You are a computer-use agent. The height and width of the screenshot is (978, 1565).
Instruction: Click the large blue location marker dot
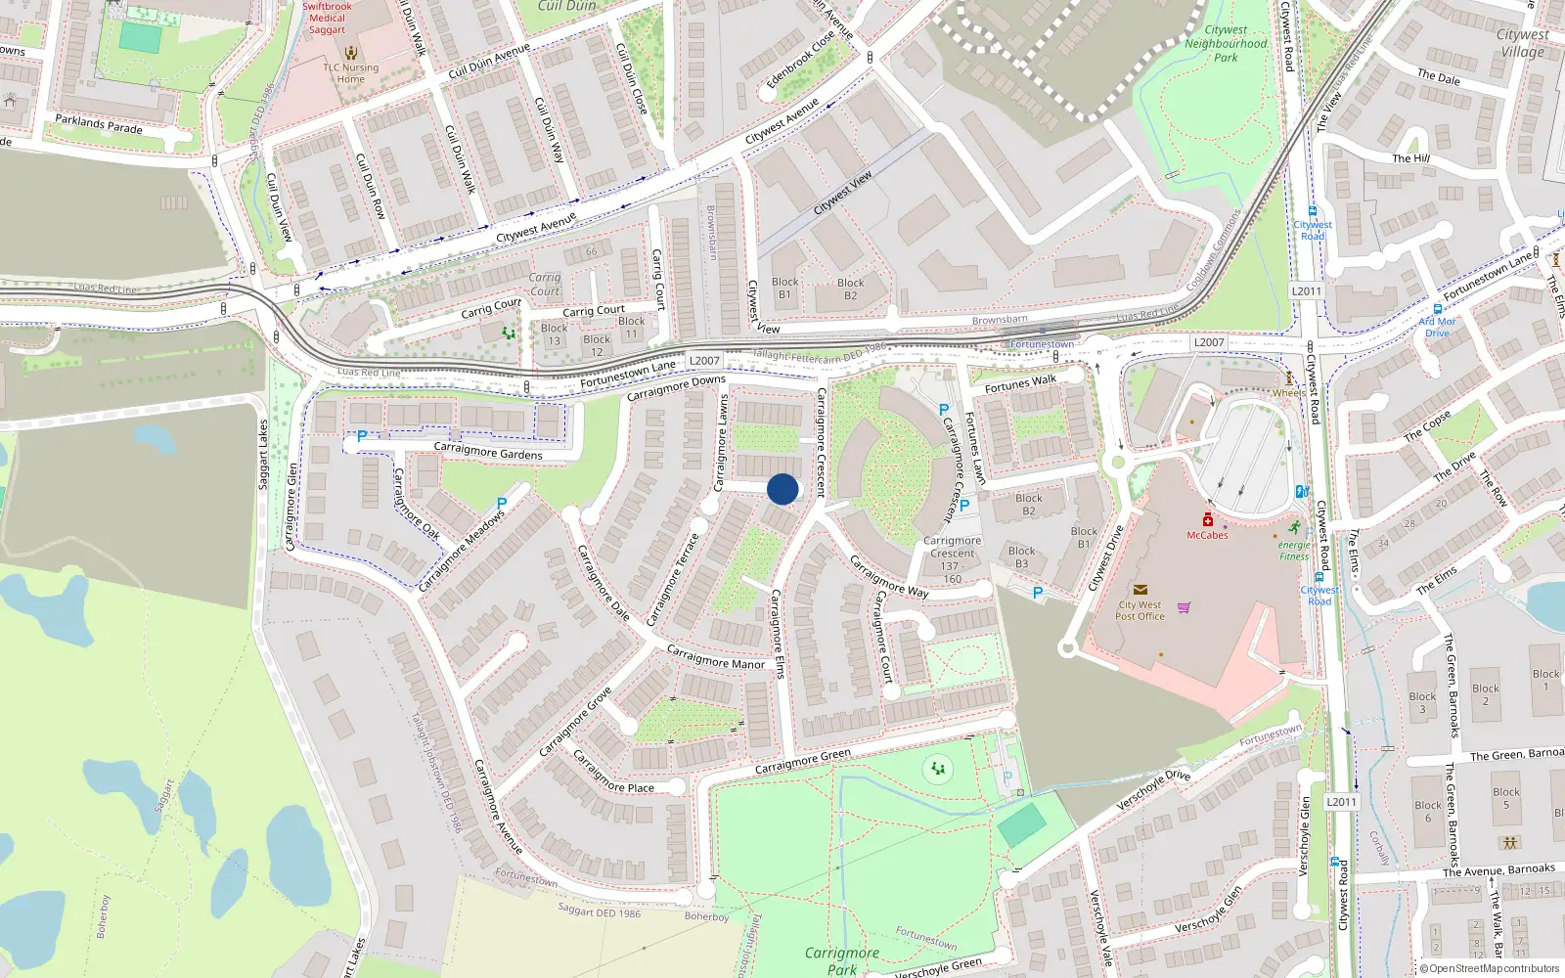(782, 489)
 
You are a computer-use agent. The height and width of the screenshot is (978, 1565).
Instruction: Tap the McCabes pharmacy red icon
(1208, 520)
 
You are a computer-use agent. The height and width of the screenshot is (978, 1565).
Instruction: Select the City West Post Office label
(1140, 610)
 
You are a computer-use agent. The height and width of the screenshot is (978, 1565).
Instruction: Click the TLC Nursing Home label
(351, 73)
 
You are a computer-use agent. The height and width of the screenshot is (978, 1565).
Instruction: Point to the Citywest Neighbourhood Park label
(1226, 44)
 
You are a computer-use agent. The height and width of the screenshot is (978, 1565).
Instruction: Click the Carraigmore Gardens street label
(487, 452)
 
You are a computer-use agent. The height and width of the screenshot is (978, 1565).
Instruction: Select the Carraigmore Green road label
(802, 761)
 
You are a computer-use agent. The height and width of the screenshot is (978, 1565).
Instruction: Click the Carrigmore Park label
(841, 960)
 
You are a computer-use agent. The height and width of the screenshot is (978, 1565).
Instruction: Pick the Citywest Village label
(1522, 43)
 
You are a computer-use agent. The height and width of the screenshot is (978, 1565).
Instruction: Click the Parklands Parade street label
(99, 124)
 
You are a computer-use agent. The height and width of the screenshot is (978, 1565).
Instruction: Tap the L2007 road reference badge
(703, 361)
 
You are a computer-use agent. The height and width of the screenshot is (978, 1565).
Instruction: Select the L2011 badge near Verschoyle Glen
(1341, 802)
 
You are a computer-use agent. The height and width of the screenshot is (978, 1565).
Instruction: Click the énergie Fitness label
(1293, 551)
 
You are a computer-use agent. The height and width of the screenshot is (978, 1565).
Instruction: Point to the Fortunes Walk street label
(1020, 383)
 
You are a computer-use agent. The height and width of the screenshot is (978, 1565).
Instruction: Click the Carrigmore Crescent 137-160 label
(952, 559)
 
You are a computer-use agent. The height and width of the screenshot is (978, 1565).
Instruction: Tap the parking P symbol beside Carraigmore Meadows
(502, 504)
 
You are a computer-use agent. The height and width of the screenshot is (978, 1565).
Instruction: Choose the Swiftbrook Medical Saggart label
(327, 18)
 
